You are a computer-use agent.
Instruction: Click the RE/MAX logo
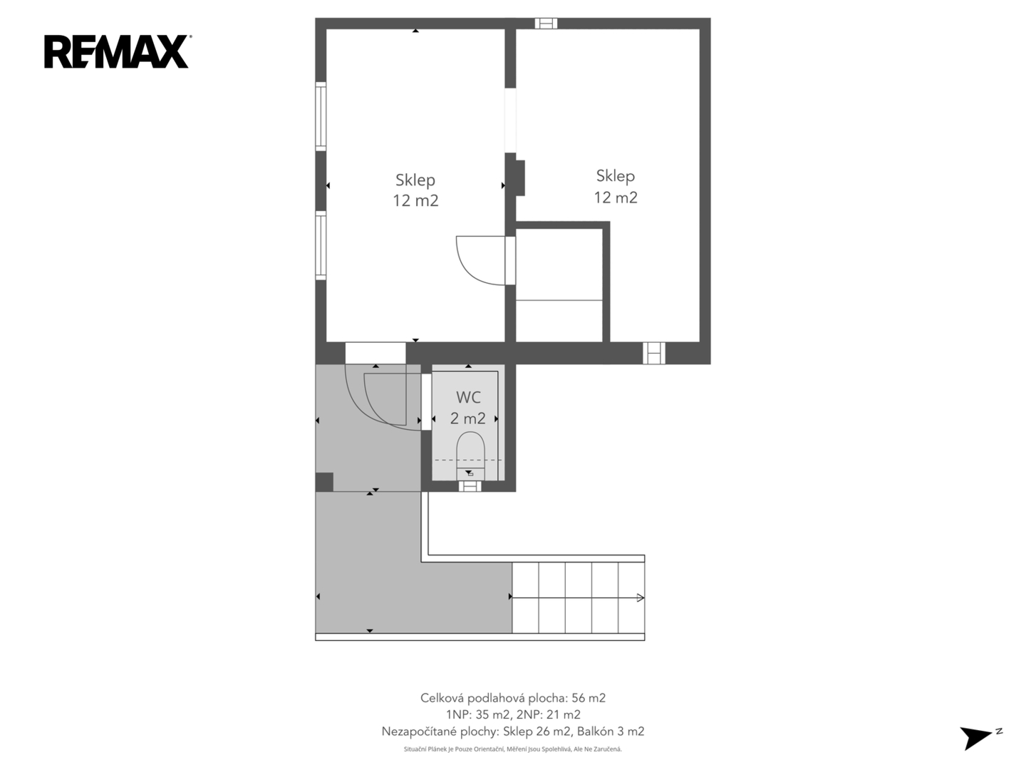tap(118, 51)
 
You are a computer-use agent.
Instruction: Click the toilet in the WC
tap(470, 456)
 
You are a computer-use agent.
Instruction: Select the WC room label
tap(468, 397)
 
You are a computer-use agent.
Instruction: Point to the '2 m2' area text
tap(467, 418)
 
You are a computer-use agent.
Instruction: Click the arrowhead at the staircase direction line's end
tap(641, 597)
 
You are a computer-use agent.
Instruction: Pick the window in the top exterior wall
tap(546, 24)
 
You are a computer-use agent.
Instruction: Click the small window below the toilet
tap(470, 486)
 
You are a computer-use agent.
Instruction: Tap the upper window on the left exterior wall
tap(321, 116)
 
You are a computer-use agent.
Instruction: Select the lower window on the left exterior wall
tap(321, 245)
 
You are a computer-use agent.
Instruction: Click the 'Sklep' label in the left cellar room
tap(415, 180)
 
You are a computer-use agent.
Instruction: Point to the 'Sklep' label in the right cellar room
tap(615, 176)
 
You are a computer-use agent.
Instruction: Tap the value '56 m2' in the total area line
tap(589, 698)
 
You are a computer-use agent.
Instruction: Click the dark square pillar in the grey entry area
tap(324, 482)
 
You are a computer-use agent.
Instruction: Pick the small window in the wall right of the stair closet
tap(654, 353)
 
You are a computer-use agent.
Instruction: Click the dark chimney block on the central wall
tap(520, 178)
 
